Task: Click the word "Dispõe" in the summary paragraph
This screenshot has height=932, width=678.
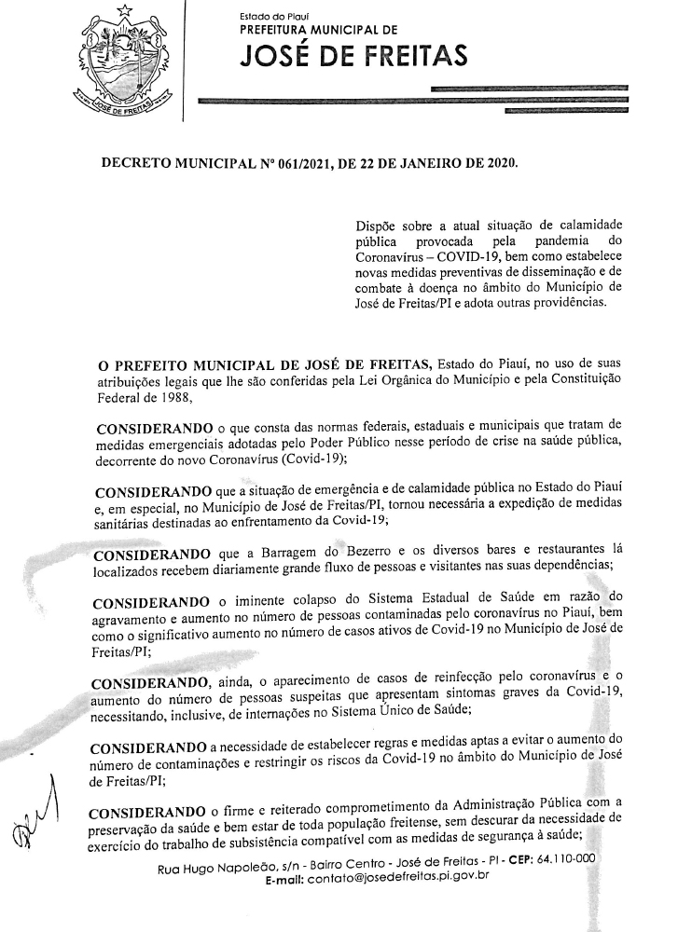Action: tap(378, 226)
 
